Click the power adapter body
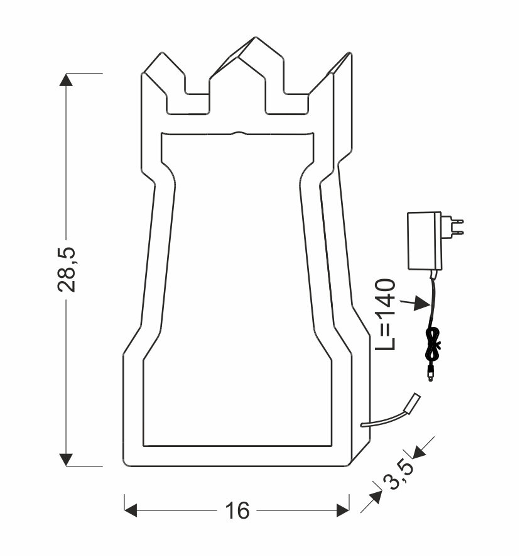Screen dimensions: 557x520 point(425,240)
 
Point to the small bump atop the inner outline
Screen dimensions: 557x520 point(239,133)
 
